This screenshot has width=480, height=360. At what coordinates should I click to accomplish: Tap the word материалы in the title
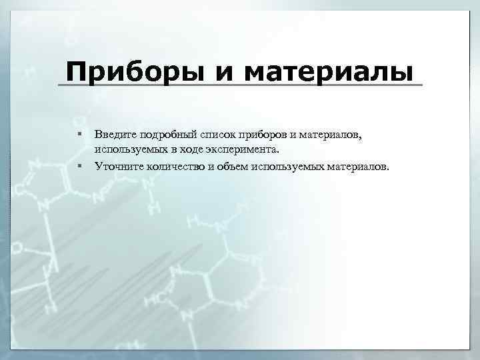[333, 71]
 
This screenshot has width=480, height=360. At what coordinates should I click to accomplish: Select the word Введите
[114, 135]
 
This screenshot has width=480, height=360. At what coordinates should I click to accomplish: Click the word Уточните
[117, 166]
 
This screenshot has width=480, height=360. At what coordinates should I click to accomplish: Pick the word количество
[171, 166]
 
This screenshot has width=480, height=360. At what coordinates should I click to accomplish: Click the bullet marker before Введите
[79, 135]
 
